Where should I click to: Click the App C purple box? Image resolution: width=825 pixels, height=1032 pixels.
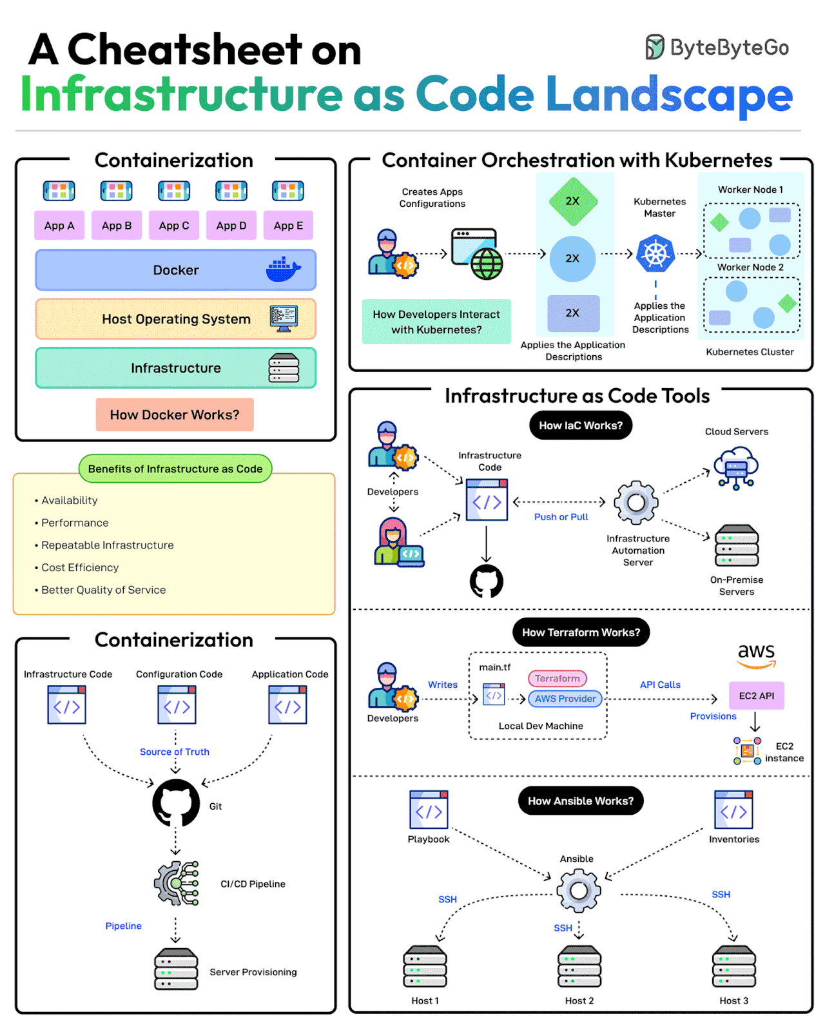174,226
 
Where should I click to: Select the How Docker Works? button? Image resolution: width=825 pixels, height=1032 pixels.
175,414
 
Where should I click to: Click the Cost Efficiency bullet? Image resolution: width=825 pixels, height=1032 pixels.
80,567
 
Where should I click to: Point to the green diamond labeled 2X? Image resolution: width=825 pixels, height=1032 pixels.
573,201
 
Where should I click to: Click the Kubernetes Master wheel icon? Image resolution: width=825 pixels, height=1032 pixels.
655,254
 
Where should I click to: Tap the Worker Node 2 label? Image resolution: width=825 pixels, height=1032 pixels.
750,267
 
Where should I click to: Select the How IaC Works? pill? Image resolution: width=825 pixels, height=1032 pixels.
581,425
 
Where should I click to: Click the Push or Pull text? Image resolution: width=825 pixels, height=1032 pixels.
561,517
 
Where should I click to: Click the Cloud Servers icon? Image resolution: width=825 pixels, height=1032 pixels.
736,467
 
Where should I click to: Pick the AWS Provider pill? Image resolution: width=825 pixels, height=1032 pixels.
565,699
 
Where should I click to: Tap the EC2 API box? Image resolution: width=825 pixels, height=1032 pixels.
757,696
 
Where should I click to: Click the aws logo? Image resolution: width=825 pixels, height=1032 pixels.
757,654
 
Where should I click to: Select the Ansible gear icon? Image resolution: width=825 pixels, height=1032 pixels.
579,890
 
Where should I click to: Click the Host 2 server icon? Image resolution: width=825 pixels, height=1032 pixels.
579,966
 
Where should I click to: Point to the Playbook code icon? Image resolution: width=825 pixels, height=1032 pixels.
429,810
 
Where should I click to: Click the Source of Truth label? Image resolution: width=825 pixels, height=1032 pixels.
175,752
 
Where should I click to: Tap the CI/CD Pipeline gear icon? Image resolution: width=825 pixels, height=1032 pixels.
176,883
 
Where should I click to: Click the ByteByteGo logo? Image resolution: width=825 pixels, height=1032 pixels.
717,48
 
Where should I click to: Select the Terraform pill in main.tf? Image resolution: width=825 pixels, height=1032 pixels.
558,678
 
